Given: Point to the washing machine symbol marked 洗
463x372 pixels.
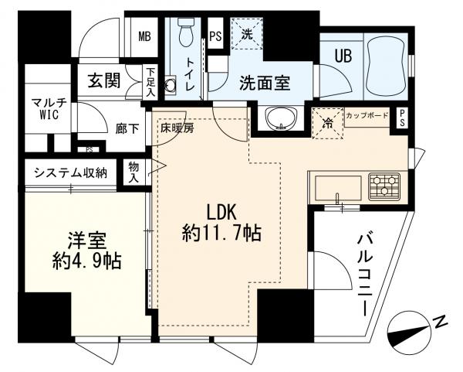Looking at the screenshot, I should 246,35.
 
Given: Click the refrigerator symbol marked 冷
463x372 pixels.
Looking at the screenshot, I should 327,121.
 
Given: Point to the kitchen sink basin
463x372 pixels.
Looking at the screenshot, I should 336,187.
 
